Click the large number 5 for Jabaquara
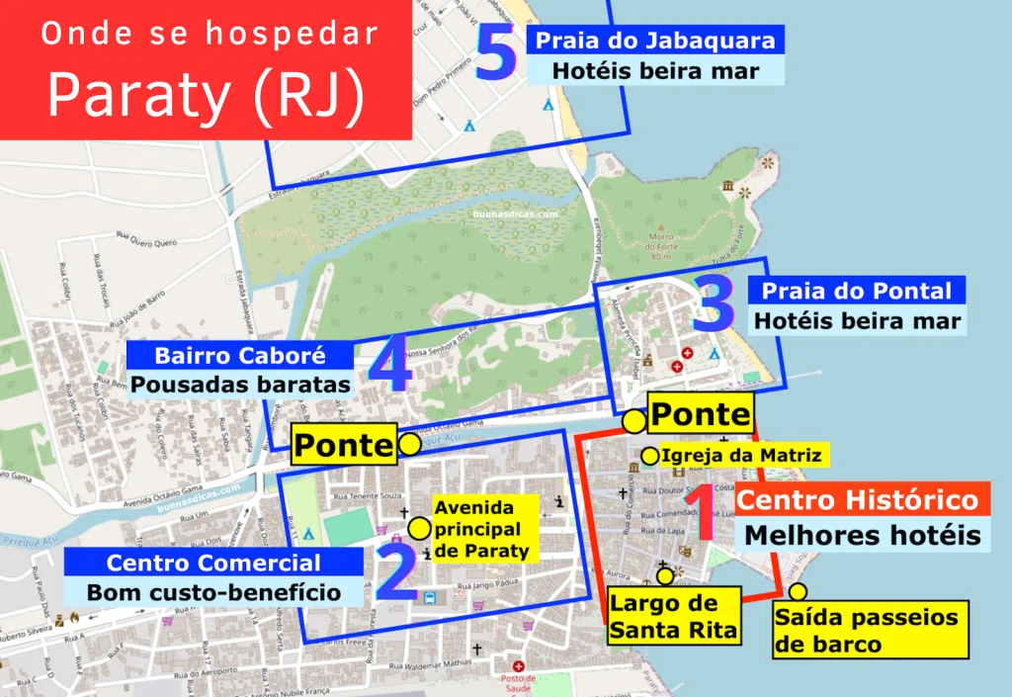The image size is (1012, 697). coord(496,54)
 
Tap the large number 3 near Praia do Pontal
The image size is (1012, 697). coord(714,305)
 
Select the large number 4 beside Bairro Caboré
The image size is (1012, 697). coord(388,369)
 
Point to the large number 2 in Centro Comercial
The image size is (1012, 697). coord(397,575)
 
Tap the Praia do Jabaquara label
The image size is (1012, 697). coord(655,42)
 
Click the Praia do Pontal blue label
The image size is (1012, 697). coord(856,291)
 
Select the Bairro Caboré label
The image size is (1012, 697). coord(240,355)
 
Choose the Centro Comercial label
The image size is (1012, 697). coord(213,563)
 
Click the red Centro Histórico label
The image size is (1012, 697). coord(858,499)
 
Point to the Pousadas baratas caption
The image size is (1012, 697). coord(241,384)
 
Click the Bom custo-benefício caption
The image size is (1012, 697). coord(213,592)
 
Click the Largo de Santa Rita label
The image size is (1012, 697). coord(674,616)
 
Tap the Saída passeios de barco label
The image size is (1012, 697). coord(867,631)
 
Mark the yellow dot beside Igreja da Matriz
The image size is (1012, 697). coord(649,456)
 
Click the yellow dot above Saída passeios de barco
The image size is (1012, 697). coord(798,592)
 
